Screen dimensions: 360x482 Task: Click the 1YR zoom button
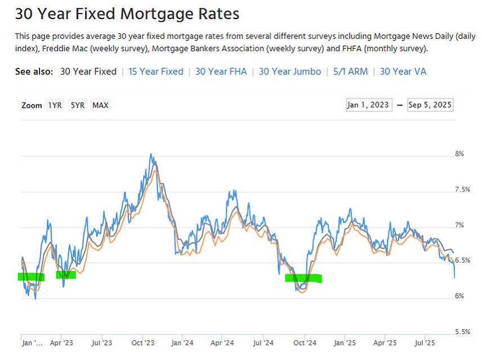click(x=55, y=105)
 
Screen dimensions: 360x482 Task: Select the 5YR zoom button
click(x=78, y=105)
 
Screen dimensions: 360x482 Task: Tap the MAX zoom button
click(x=101, y=105)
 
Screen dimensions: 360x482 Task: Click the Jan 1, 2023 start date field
click(x=369, y=105)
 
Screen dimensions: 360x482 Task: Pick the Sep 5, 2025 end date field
click(x=430, y=105)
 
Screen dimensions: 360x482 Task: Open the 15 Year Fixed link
click(x=156, y=71)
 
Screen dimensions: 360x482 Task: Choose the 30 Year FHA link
click(x=221, y=71)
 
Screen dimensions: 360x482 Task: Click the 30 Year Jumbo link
click(x=290, y=71)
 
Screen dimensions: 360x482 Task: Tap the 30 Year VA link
click(x=403, y=71)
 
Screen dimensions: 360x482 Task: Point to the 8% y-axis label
click(x=459, y=154)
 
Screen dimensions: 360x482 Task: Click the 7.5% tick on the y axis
click(x=462, y=190)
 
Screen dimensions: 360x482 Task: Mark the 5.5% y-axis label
click(x=462, y=332)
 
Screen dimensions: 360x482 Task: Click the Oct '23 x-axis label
click(x=143, y=343)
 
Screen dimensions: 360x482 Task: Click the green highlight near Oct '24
click(x=304, y=278)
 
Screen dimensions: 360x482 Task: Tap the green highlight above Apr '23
click(x=65, y=274)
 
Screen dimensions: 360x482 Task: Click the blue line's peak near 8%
click(x=150, y=154)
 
